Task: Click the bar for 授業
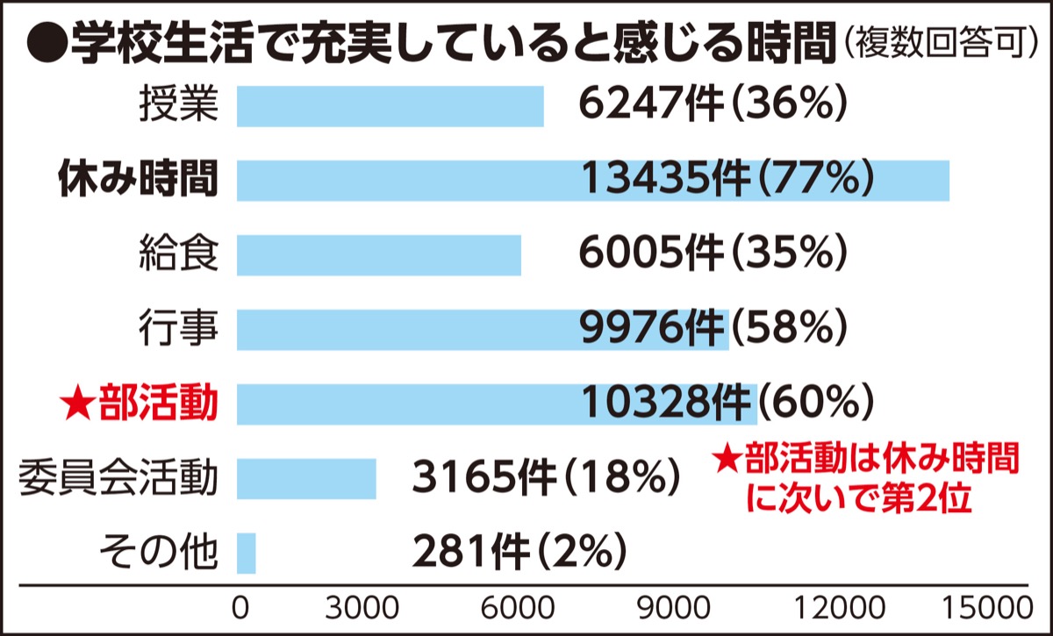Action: coord(390,106)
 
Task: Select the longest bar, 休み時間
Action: coord(592,181)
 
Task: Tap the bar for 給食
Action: coord(378,255)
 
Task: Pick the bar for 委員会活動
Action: coord(306,478)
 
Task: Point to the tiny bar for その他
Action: coord(246,553)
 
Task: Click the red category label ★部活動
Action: coord(138,404)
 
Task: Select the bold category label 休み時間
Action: coord(137,181)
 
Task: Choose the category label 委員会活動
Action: coord(117,479)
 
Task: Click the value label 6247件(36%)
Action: coord(712,106)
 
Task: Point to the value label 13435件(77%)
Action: coord(726,181)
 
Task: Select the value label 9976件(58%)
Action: coord(712,330)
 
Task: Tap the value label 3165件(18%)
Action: coord(544,479)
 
